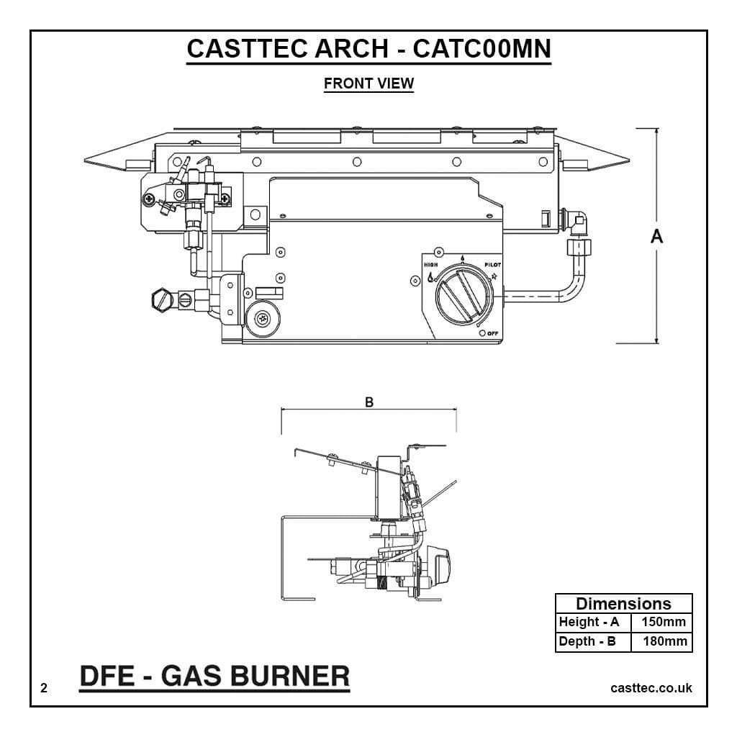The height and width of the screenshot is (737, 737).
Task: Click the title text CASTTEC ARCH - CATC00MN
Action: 368,49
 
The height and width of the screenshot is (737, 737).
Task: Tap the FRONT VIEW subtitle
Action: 368,83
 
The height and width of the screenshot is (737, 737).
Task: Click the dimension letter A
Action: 656,236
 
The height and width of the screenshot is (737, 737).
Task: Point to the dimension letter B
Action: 369,402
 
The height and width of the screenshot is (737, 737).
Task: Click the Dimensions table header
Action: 623,604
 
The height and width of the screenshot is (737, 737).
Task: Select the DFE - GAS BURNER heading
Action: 214,676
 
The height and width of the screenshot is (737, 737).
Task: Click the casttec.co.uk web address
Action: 651,688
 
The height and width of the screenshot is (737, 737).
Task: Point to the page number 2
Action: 44,688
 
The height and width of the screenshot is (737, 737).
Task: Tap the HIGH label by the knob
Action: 431,265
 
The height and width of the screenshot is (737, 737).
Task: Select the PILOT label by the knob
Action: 492,265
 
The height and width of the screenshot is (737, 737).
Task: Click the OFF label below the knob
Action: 492,333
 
